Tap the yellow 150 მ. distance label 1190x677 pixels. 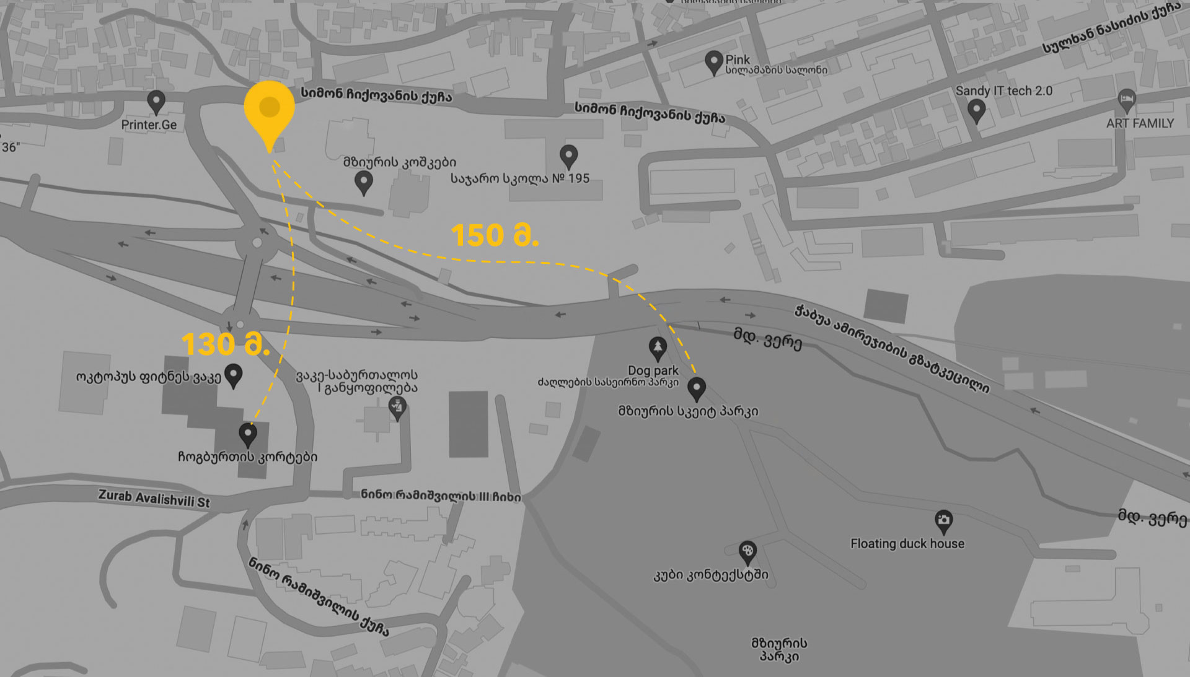click(495, 236)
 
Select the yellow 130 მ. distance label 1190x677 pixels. click(226, 344)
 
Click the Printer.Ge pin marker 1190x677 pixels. click(156, 102)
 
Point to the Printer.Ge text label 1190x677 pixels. click(149, 125)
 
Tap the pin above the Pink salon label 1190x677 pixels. click(714, 62)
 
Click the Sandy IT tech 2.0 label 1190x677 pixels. click(1003, 91)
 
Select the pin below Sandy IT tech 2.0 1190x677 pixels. click(976, 111)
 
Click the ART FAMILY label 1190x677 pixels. click(1140, 123)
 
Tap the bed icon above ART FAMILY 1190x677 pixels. click(1126, 99)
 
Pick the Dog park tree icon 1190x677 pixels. click(657, 348)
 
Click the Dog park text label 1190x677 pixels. click(653, 370)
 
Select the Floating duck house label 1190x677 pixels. click(907, 544)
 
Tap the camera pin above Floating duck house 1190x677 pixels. click(943, 521)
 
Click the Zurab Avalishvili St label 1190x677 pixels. click(154, 499)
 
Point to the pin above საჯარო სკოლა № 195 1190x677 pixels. click(568, 156)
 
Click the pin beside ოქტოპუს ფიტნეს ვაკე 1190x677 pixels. click(233, 375)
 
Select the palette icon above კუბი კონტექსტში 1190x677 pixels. click(747, 552)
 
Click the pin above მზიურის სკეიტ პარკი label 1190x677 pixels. click(697, 388)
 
